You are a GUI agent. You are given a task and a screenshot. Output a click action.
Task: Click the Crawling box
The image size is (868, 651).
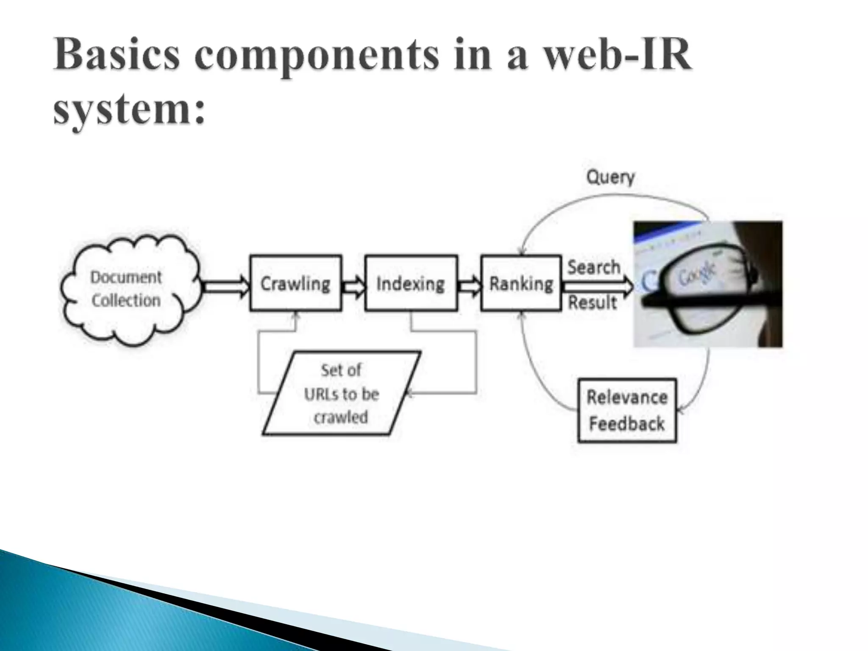coord(295,283)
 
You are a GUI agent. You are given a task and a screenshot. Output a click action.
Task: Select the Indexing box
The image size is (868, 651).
coord(411,283)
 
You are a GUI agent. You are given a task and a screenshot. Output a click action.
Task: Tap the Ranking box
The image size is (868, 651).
coord(521,283)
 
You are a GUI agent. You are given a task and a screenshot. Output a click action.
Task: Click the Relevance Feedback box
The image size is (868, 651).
coord(627,410)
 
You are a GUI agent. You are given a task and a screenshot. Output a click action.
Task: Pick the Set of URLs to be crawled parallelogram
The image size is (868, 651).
coord(341,393)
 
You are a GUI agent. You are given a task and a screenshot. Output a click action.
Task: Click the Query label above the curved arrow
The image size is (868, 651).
coord(610,177)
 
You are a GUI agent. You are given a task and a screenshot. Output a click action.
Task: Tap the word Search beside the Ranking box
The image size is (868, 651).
coord(594,267)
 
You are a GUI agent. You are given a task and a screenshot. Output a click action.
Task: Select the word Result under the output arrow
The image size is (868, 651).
coord(592,303)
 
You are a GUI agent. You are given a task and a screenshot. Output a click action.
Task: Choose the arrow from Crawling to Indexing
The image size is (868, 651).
coord(353,287)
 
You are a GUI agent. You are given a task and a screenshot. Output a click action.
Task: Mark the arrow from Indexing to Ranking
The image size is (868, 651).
coord(469,287)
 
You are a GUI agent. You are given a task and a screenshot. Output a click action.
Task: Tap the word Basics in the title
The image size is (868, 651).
coord(117,55)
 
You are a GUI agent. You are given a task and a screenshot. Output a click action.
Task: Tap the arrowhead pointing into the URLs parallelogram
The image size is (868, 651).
coord(409,394)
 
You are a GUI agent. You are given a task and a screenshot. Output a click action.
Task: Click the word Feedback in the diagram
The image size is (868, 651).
coord(627,424)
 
